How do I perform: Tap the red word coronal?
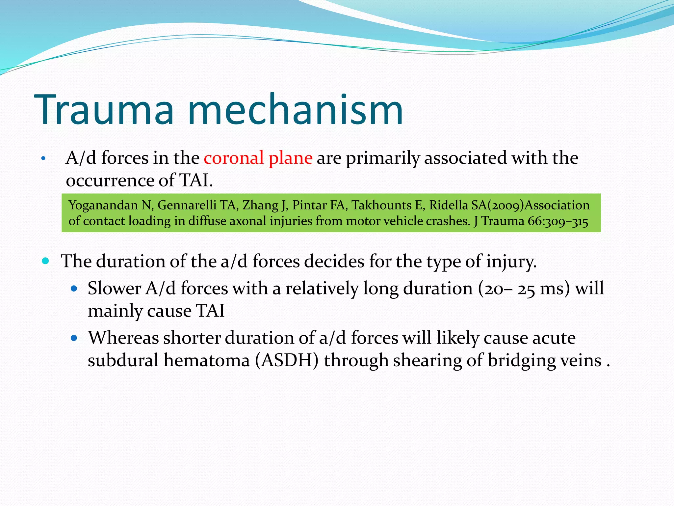(234, 158)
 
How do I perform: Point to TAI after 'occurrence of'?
(195, 181)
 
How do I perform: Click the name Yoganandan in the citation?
(103, 206)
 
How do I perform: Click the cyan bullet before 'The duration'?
(46, 262)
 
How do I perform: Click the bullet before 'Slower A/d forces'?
(74, 289)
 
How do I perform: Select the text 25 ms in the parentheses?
(540, 289)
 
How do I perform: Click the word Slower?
(114, 289)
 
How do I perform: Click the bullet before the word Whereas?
(74, 338)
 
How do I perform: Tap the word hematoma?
(207, 360)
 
